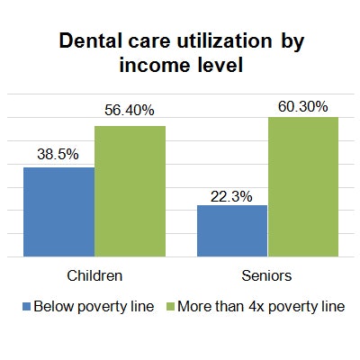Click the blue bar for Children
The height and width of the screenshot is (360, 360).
[x=58, y=211]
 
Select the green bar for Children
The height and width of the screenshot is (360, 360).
[x=130, y=191]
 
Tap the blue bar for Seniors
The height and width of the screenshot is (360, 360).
[x=232, y=230]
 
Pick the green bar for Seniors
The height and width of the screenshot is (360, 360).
[x=303, y=186]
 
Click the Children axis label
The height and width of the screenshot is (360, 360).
[x=94, y=274]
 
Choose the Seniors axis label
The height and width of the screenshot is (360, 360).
[x=268, y=274]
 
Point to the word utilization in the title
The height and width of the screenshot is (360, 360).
[x=224, y=41]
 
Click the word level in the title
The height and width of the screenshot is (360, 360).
[x=220, y=65]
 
